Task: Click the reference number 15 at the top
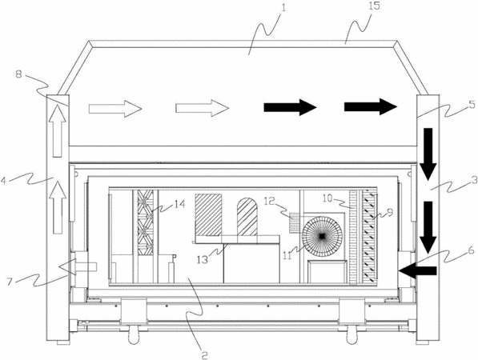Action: click(375, 6)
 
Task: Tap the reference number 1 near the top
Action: click(283, 7)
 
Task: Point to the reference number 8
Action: click(18, 74)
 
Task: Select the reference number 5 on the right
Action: click(472, 105)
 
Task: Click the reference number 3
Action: click(474, 180)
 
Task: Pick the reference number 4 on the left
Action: click(4, 181)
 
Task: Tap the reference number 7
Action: click(10, 282)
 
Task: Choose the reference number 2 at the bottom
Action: click(204, 355)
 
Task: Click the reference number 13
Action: click(203, 259)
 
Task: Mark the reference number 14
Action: click(179, 204)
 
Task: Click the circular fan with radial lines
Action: click(322, 236)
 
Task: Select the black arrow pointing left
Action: click(419, 270)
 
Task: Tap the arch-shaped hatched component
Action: click(247, 217)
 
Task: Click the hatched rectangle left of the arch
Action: click(208, 214)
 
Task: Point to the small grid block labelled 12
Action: click(295, 222)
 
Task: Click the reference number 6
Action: click(471, 250)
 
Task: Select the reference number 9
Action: click(389, 213)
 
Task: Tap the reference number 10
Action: click(328, 198)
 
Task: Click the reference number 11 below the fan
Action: click(287, 256)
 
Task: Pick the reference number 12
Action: click(271, 201)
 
